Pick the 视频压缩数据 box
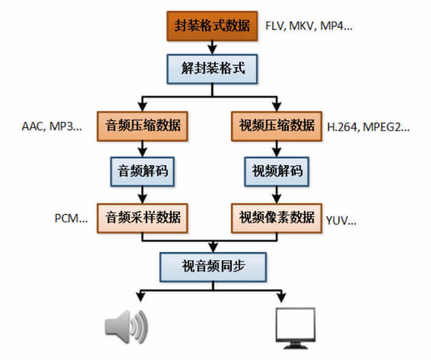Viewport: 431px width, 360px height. click(277, 126)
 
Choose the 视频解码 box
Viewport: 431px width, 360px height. click(277, 171)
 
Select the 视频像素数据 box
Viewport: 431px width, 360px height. click(277, 216)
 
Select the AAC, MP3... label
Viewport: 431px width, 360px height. click(51, 127)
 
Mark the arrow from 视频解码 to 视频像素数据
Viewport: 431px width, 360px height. click(277, 195)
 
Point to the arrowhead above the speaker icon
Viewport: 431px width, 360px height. click(141, 297)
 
